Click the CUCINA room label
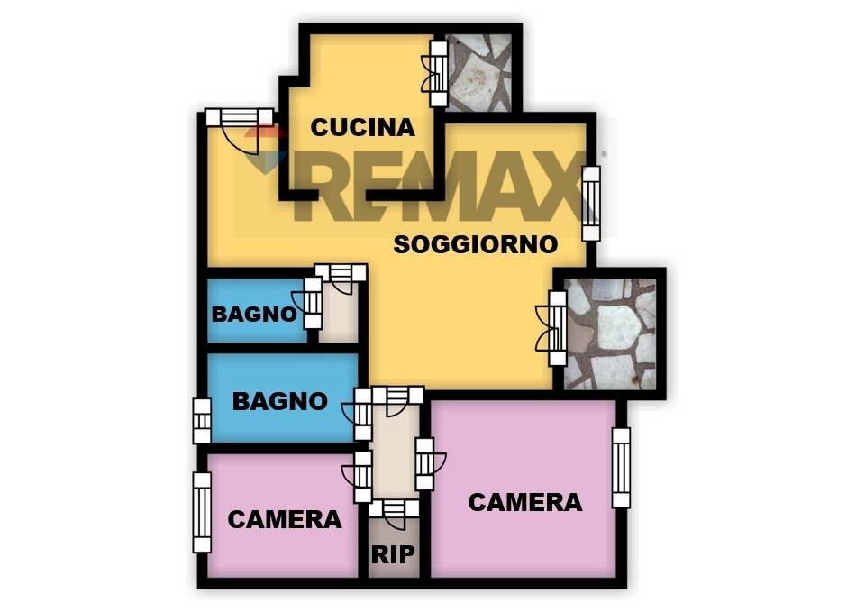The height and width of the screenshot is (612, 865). coord(362,127)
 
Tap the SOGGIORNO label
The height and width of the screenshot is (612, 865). coord(476,244)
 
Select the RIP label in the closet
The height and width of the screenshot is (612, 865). coord(393,554)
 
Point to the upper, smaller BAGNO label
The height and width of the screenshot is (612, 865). coord(254,315)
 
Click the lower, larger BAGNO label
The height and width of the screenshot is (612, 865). coord(280,401)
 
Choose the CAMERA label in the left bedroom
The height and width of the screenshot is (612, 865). coord(285,519)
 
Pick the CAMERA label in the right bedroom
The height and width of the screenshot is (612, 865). coord(525,502)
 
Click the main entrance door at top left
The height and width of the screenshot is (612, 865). coord(240,131)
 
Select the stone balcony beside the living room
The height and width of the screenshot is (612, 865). coord(610,333)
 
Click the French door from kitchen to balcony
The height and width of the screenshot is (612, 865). coord(435,73)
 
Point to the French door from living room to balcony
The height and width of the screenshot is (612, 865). coord(552,328)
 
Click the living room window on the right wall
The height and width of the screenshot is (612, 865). coord(591,203)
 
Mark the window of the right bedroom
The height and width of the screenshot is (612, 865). coord(621,468)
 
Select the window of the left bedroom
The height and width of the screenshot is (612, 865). coord(202,512)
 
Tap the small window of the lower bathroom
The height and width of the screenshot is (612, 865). coord(202,421)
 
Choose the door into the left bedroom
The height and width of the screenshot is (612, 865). coord(359,476)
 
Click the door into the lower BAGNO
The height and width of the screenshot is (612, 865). coord(359,414)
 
